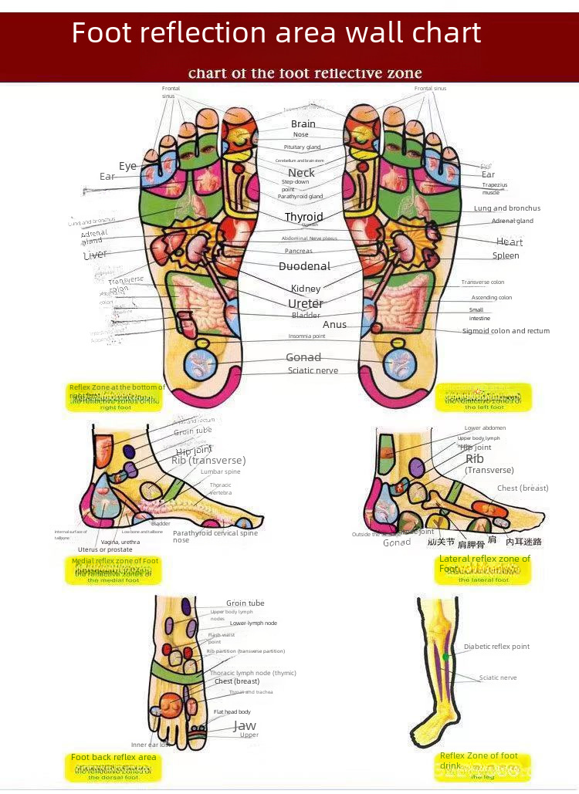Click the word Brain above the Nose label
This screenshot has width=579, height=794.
click(303, 123)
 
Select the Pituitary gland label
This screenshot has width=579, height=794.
click(302, 147)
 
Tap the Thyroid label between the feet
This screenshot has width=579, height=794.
click(303, 217)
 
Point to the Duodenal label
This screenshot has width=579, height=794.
click(304, 266)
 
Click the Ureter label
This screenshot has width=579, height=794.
click(306, 303)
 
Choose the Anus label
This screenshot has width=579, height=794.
click(334, 325)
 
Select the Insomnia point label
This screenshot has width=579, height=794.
click(306, 336)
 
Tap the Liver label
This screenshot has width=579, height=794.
click(95, 254)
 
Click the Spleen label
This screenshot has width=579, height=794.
click(506, 255)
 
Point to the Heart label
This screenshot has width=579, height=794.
click(509, 242)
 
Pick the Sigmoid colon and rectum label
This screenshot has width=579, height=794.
click(506, 331)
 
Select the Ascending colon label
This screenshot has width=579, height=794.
click(492, 297)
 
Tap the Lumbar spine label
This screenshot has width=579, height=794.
click(220, 471)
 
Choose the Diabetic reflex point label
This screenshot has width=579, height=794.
click(496, 647)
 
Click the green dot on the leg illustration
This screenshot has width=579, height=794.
click(445, 657)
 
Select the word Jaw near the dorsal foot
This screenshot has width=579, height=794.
click(245, 726)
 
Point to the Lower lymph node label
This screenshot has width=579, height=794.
click(253, 623)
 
